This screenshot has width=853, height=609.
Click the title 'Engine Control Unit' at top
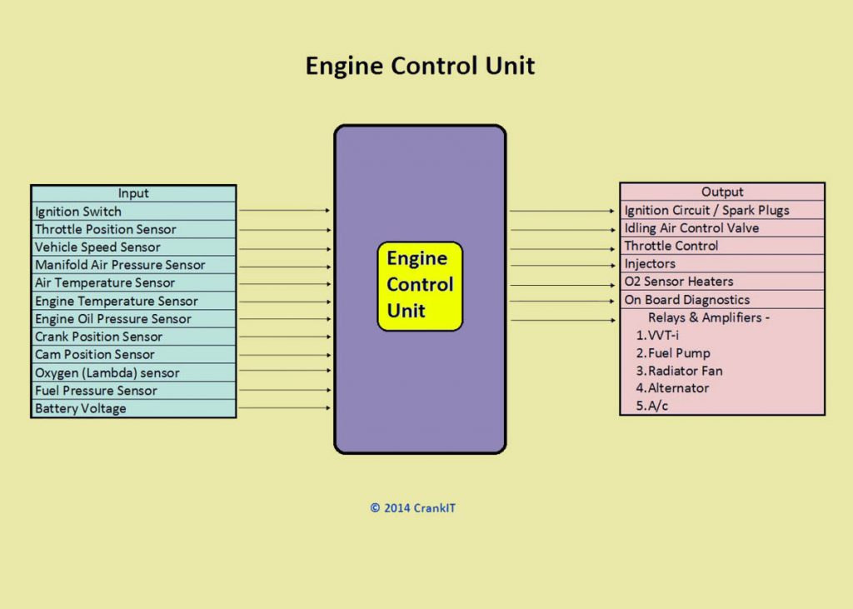tap(420, 66)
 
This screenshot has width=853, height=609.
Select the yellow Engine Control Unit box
tap(420, 285)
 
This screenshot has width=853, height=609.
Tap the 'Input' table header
tap(133, 193)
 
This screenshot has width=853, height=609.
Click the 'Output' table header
tap(722, 192)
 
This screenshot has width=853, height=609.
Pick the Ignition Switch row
tap(133, 212)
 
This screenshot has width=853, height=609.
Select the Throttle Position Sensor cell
tap(133, 229)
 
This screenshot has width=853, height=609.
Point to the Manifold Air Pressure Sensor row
tap(133, 265)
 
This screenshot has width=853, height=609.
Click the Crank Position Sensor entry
tap(133, 337)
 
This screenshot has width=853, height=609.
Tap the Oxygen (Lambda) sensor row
tap(133, 372)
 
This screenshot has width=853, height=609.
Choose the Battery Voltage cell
tap(133, 408)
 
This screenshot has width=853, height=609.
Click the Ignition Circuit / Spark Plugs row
tap(722, 210)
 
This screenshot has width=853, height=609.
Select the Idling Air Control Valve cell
tap(722, 227)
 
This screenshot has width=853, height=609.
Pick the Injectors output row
tap(722, 263)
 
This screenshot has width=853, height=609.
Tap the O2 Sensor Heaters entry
tap(722, 282)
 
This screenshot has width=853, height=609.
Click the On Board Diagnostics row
tap(722, 300)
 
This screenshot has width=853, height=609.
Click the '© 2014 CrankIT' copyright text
tap(413, 507)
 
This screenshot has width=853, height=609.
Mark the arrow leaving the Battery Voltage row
tap(285, 408)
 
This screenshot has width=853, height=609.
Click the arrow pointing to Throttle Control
tap(563, 247)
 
